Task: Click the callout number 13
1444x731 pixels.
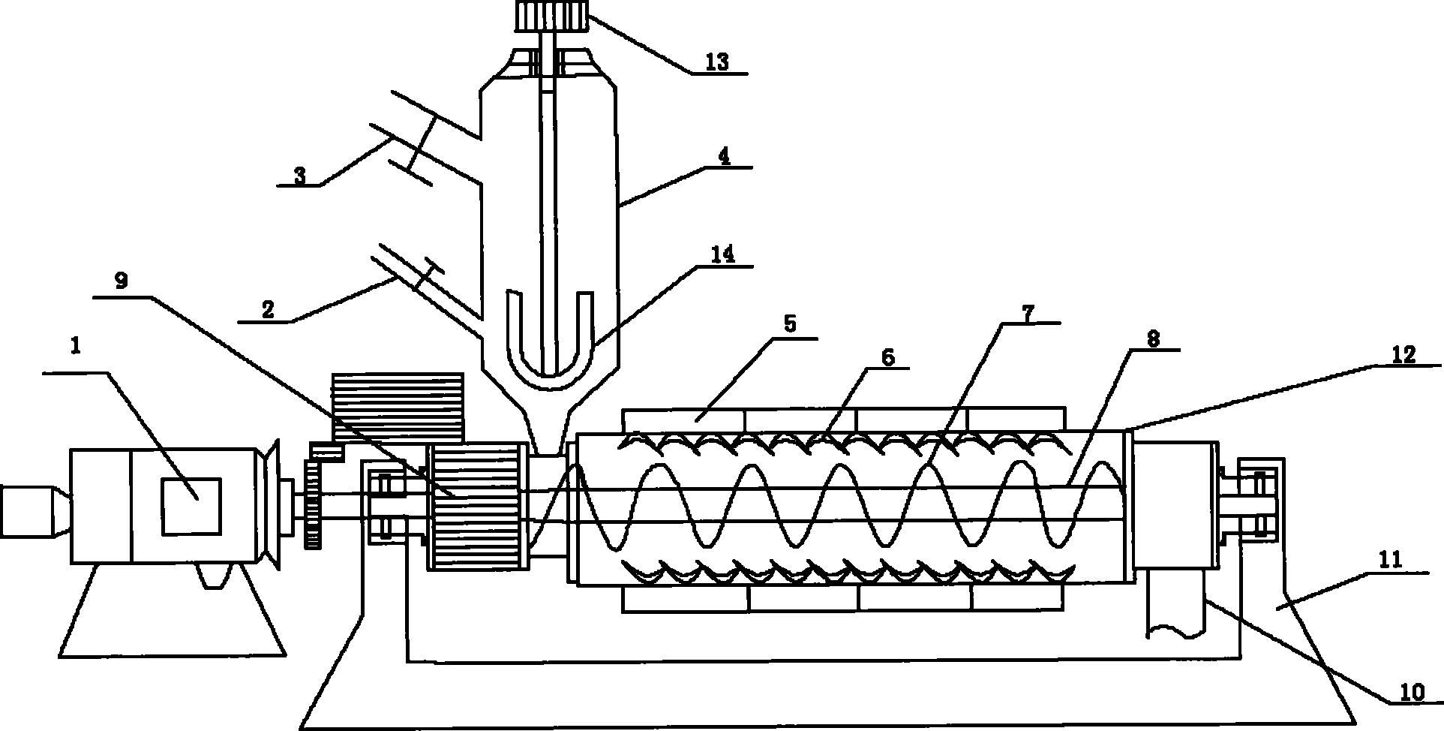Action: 717,61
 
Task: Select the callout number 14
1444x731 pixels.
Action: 722,254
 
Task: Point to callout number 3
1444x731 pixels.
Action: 299,176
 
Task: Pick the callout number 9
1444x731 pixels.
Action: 121,281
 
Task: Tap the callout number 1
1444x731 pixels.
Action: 75,346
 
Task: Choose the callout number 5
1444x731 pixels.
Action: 789,323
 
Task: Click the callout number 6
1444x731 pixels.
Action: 887,357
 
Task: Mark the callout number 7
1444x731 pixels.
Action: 1027,313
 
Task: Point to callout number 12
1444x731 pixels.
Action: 1402,354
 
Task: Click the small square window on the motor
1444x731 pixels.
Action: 192,507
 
